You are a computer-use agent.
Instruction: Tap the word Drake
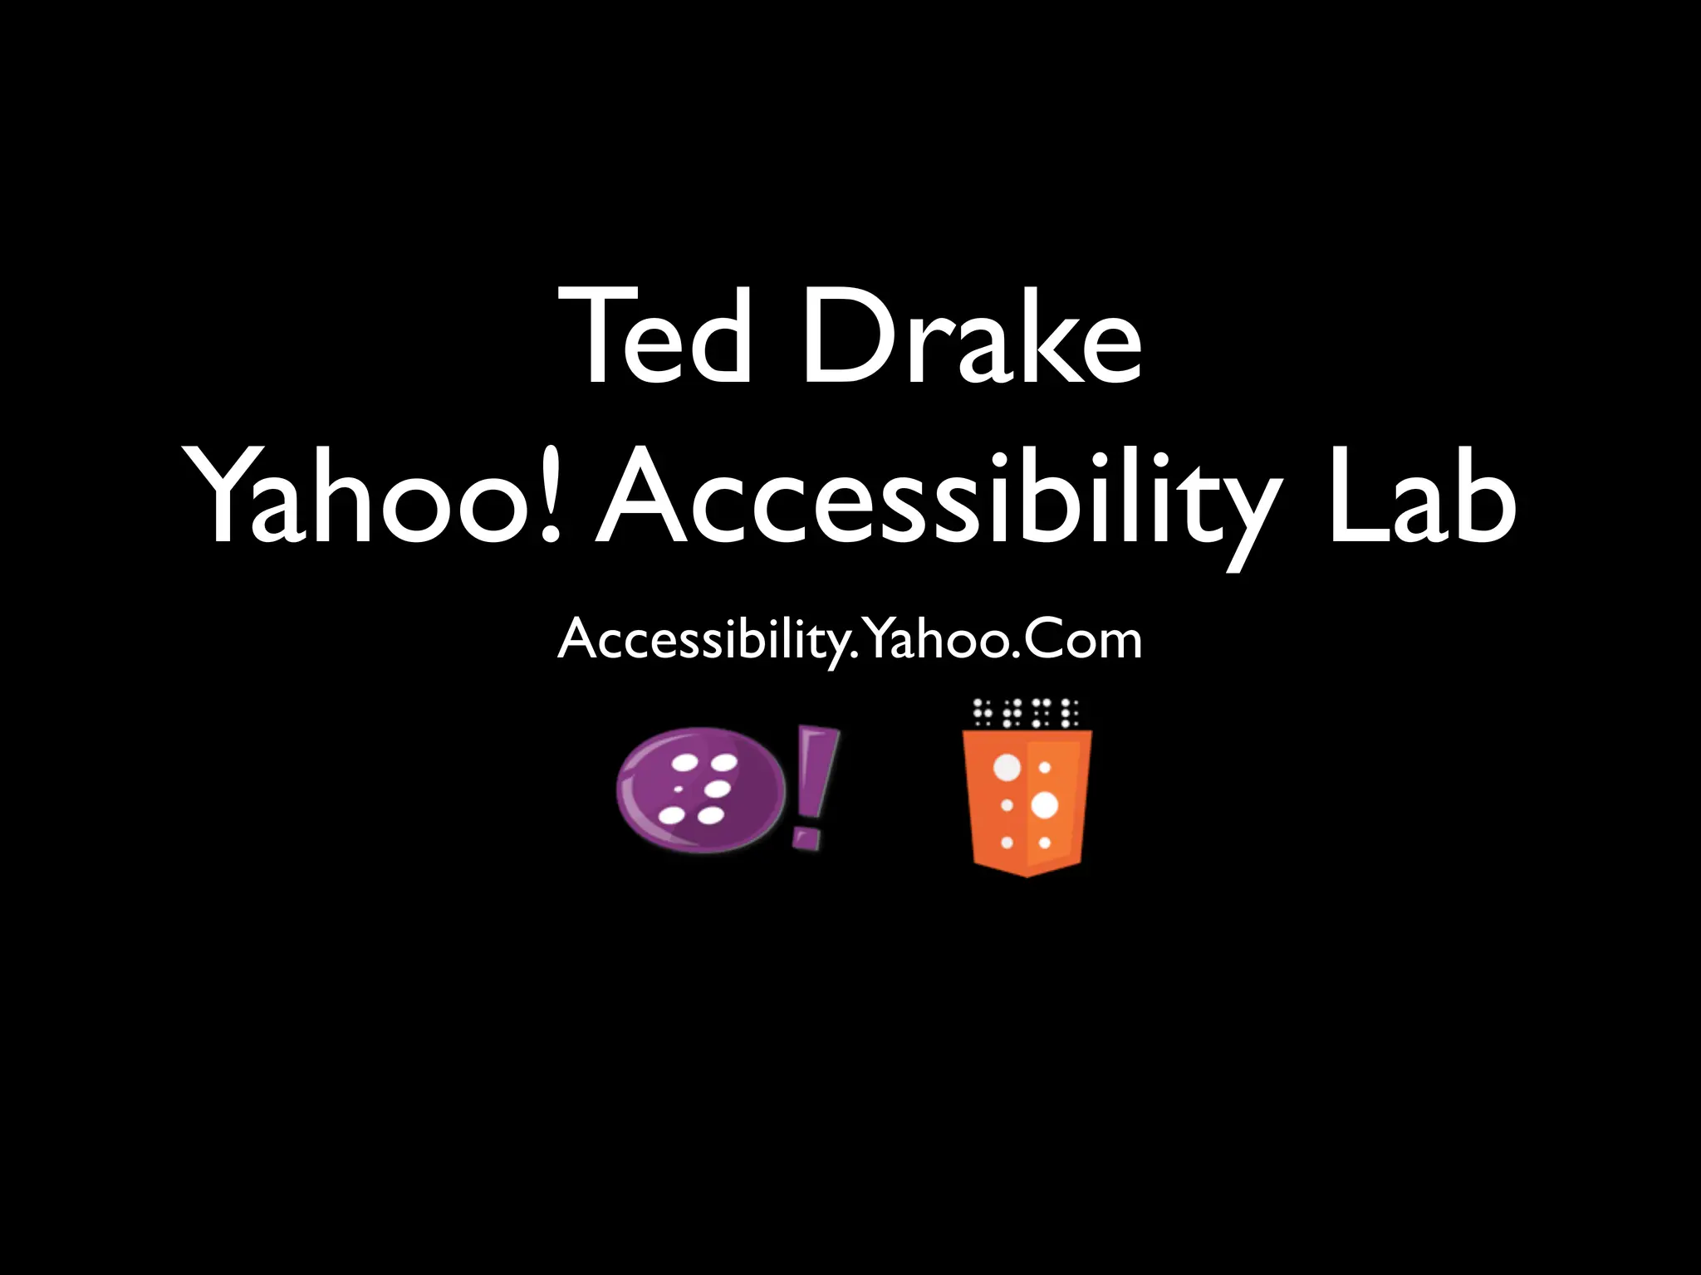tap(971, 336)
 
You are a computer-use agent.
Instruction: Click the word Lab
tap(1421, 498)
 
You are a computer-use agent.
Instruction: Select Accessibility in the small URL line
tap(703, 641)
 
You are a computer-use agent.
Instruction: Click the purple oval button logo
tap(700, 789)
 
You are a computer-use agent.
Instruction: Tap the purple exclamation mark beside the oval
tap(813, 784)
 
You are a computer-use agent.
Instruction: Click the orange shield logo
tap(1027, 802)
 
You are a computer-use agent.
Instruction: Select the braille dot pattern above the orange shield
tap(1027, 712)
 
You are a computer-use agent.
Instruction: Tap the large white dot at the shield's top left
tap(1007, 768)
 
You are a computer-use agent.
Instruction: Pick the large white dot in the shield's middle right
tap(1044, 804)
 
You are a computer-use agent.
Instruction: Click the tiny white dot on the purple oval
tap(678, 788)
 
